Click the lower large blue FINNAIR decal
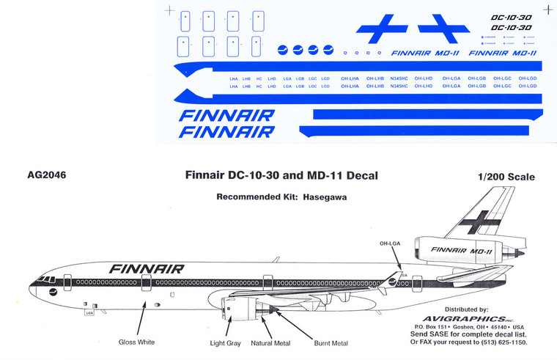click(x=226, y=131)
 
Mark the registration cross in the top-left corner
click(x=171, y=10)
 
